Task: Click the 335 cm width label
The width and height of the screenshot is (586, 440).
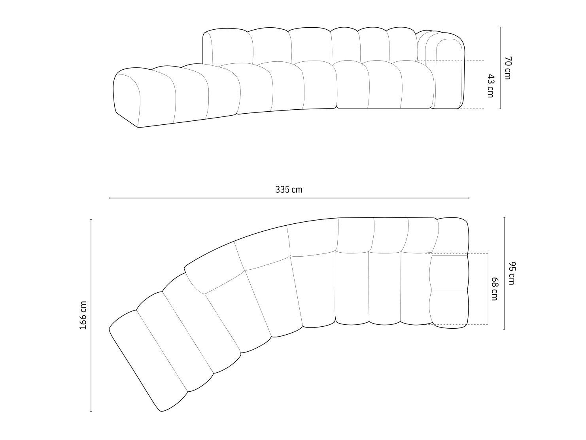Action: click(289, 190)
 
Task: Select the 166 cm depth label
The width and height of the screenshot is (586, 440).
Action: click(83, 315)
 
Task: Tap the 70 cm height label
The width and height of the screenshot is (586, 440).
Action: click(508, 68)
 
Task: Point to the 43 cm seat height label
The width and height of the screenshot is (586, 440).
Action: click(490, 86)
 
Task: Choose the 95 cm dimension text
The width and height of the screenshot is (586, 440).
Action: click(512, 273)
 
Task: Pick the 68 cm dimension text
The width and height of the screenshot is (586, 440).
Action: click(494, 289)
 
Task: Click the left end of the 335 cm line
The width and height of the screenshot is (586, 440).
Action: click(109, 198)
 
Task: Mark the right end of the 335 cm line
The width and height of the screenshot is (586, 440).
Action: click(469, 198)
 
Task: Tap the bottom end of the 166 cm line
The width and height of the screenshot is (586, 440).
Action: click(91, 411)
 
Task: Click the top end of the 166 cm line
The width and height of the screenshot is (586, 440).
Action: click(91, 219)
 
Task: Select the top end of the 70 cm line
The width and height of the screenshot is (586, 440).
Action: click(500, 27)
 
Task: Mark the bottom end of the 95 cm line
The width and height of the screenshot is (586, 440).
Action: click(504, 329)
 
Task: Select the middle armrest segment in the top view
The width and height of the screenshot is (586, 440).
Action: click(449, 273)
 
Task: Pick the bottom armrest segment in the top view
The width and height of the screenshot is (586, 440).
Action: click(449, 307)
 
